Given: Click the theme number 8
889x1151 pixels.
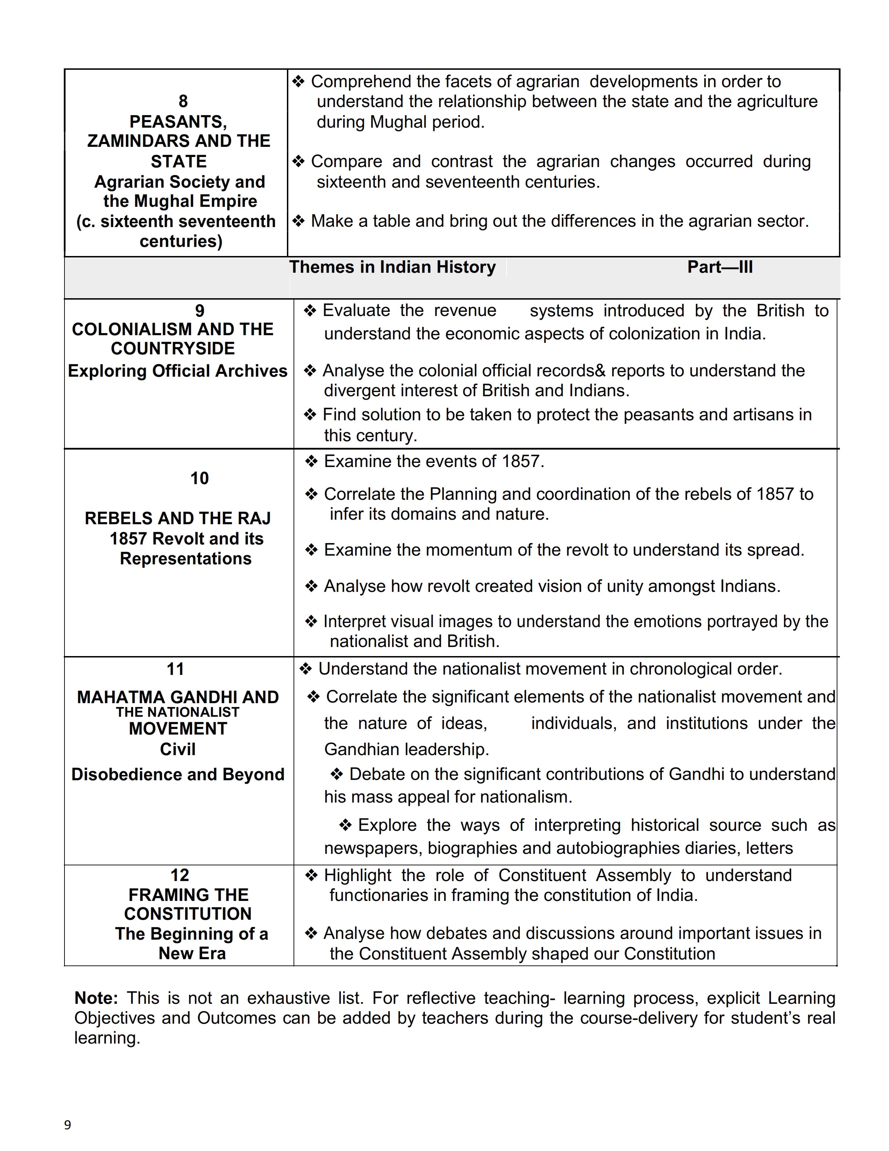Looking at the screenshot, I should point(183,101).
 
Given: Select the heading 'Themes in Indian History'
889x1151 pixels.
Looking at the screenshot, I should point(392,267).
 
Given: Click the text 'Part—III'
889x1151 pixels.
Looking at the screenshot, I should point(720,267).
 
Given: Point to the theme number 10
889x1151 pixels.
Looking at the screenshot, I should point(200,479).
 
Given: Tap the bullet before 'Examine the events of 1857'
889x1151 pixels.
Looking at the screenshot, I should point(312,462).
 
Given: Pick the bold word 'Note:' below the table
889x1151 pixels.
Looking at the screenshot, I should point(96,998).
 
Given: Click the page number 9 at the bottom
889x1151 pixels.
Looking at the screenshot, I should point(67,1125).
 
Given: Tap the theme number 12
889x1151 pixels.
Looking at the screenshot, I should point(180,875).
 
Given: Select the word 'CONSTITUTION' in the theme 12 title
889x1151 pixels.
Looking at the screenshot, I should point(188,914).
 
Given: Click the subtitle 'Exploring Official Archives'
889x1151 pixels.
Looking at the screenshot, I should point(177,371).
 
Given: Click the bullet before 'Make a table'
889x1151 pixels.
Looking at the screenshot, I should point(299,221).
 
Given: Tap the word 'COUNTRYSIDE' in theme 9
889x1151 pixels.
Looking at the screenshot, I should point(173,348).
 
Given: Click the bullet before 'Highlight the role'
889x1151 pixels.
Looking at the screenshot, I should point(312,876).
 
